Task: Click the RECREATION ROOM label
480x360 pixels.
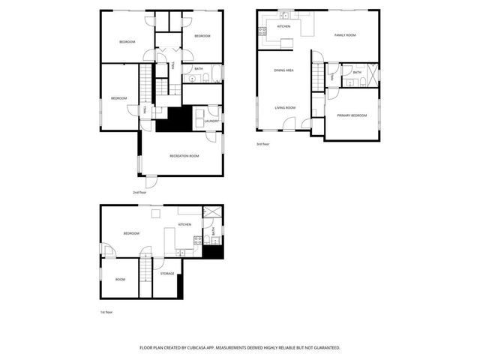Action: pos(184,155)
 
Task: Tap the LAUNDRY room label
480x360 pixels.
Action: pos(211,121)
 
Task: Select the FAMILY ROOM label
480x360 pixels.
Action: pos(345,34)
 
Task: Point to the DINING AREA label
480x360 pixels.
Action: pos(283,70)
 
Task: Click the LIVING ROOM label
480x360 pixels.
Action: pos(285,107)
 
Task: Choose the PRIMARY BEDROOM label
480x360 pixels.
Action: pos(352,115)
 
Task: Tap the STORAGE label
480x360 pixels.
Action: pos(167,274)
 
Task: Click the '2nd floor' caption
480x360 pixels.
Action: pos(139,192)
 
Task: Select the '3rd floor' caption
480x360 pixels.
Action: pos(263,143)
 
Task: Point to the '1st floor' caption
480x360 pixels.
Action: pos(106,311)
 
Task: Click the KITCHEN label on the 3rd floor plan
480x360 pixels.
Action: pos(283,27)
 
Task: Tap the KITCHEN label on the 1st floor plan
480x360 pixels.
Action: pos(184,224)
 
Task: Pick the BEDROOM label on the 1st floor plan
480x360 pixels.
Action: pos(131,233)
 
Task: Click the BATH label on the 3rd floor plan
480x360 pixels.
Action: pos(357,73)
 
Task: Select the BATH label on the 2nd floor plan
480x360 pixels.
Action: pos(198,69)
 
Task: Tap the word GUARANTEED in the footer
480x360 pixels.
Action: pos(323,347)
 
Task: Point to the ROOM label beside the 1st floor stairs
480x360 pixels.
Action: pos(120,279)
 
